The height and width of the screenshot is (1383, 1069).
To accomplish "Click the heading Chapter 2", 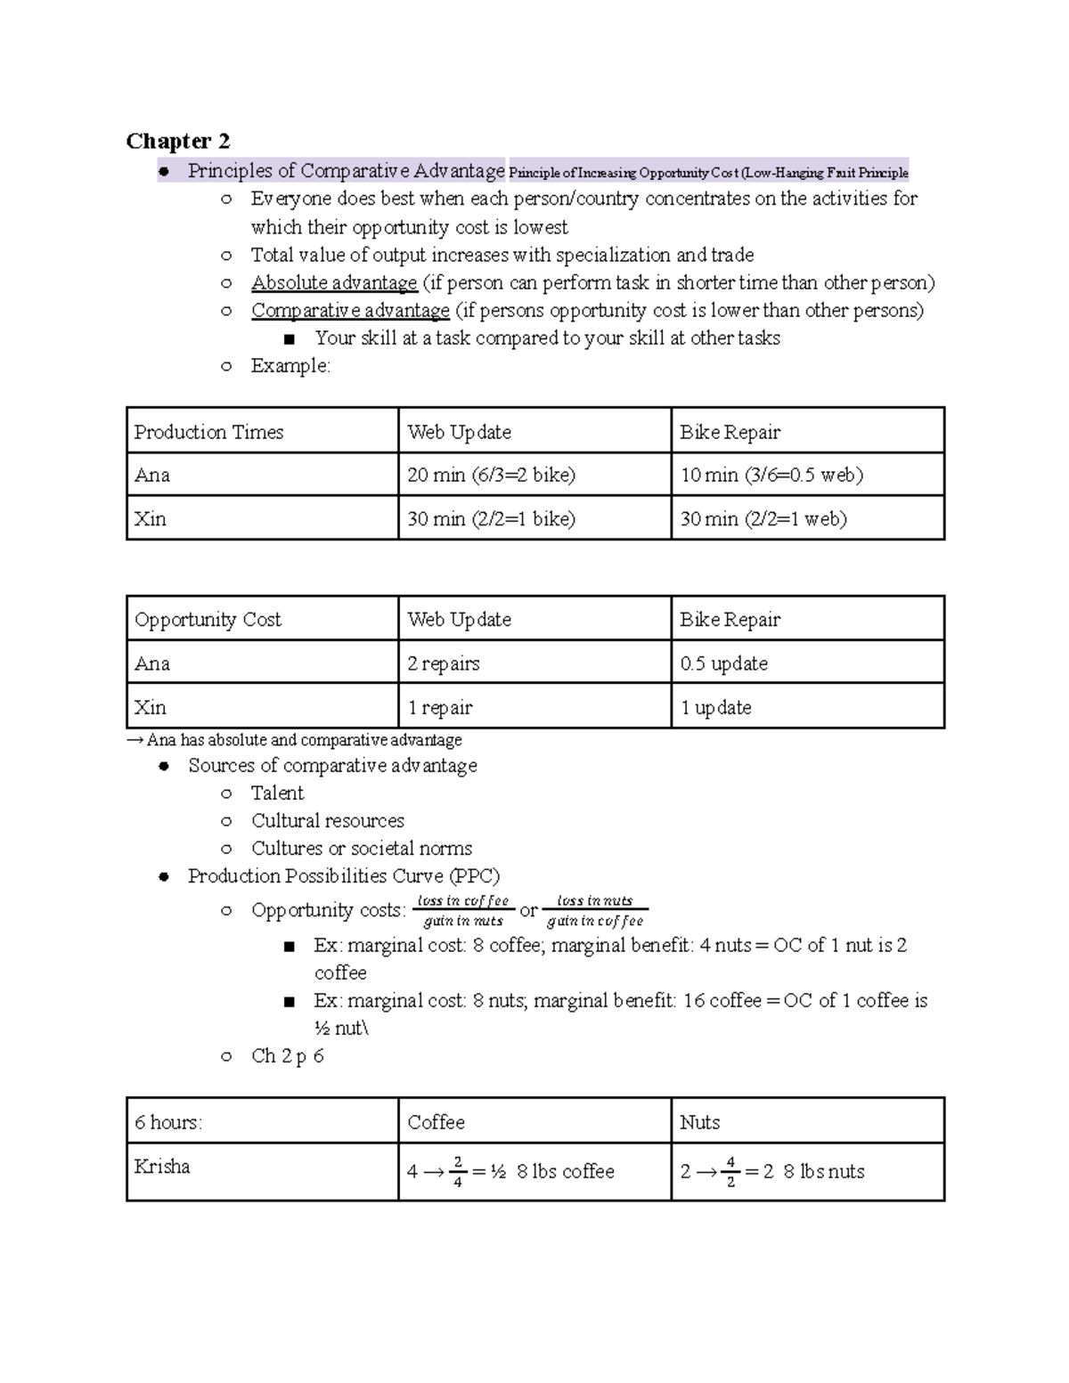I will pyautogui.click(x=178, y=141).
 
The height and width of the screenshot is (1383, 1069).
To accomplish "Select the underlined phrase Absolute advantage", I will pyautogui.click(x=334, y=283).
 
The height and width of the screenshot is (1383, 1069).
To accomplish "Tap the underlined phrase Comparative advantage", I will pyautogui.click(x=350, y=311).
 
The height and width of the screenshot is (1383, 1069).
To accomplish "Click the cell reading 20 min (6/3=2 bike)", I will pyautogui.click(x=491, y=475).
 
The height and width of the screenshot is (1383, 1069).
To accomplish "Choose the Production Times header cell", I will pyautogui.click(x=208, y=432).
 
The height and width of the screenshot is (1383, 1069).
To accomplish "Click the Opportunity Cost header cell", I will pyautogui.click(x=208, y=620).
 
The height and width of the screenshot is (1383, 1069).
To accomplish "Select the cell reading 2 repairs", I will pyautogui.click(x=444, y=663).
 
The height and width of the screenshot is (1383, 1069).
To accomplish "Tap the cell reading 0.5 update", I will pyautogui.click(x=723, y=663).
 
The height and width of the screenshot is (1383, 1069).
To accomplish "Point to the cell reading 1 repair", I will pyautogui.click(x=440, y=708).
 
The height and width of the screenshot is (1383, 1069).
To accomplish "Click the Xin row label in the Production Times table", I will pyautogui.click(x=150, y=519).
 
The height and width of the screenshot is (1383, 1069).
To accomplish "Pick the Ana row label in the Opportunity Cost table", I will pyautogui.click(x=152, y=663).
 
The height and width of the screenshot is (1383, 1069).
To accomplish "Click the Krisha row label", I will pyautogui.click(x=162, y=1167).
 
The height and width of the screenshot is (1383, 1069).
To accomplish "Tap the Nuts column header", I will pyautogui.click(x=699, y=1122).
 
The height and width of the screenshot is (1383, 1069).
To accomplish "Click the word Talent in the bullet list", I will pyautogui.click(x=277, y=793).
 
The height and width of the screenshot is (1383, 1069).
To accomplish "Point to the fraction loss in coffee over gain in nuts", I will pyautogui.click(x=463, y=911).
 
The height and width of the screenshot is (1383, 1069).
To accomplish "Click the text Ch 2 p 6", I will pyautogui.click(x=287, y=1056).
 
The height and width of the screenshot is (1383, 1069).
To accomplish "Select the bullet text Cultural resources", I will pyautogui.click(x=327, y=821).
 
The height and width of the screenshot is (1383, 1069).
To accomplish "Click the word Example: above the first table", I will pyautogui.click(x=290, y=366).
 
